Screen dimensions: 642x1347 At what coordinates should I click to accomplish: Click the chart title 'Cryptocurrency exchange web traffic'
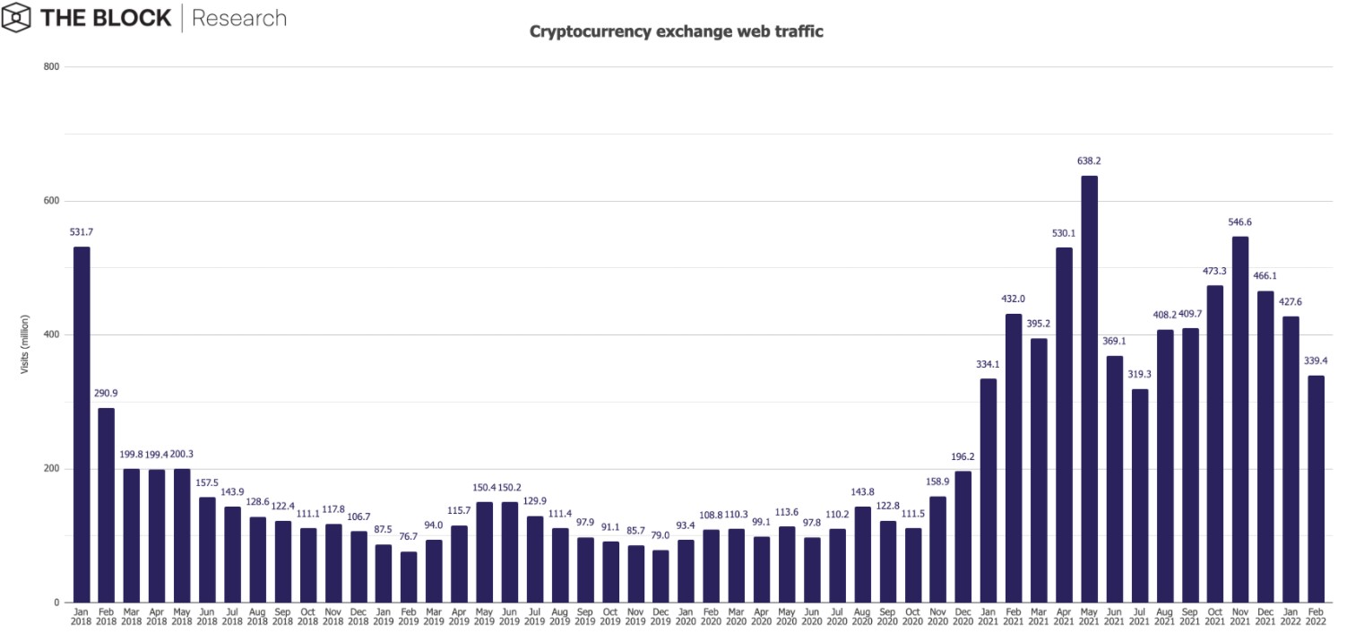[676, 31]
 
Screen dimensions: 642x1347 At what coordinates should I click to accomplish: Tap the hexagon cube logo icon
[17, 17]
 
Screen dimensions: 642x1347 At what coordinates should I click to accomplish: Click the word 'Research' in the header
[239, 18]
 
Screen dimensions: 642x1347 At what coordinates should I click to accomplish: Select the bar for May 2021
[1089, 389]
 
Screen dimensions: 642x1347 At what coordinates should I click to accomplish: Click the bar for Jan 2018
[81, 424]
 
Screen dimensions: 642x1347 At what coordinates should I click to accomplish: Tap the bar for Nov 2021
[1240, 420]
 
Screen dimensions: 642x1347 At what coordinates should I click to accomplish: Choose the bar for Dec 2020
[963, 536]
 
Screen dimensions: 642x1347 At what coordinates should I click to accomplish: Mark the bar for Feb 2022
[1316, 489]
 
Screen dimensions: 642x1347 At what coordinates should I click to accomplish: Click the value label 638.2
[1089, 161]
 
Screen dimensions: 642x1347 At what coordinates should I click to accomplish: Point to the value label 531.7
[81, 232]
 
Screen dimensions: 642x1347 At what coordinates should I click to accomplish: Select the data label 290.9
[106, 394]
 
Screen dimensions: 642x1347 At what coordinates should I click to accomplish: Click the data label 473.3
[1215, 271]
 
